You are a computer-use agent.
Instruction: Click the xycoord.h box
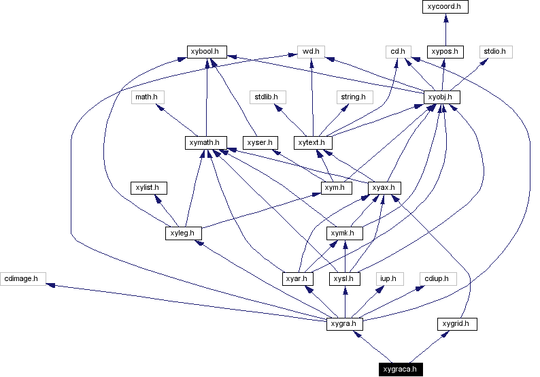click(x=445, y=7)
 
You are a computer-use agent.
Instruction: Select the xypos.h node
click(x=445, y=51)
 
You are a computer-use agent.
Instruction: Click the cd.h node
click(x=396, y=51)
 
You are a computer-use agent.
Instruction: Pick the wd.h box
click(x=311, y=51)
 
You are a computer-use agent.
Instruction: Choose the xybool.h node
click(x=207, y=51)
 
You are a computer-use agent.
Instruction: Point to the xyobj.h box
click(x=441, y=97)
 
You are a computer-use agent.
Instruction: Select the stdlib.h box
click(x=267, y=97)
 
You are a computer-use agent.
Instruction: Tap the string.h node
click(x=353, y=97)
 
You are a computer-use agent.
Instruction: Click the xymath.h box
click(x=205, y=143)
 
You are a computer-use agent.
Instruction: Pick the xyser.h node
click(x=260, y=143)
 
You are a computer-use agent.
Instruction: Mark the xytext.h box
click(x=313, y=143)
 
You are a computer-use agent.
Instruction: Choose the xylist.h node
click(x=149, y=187)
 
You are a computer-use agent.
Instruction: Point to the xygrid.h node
click(x=456, y=324)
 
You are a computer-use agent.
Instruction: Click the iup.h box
click(x=390, y=278)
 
